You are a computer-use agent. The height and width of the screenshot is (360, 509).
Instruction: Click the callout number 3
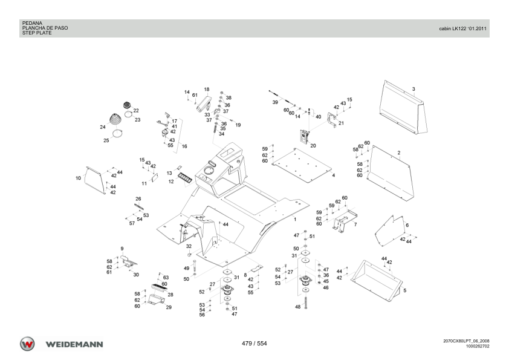pos(413,89)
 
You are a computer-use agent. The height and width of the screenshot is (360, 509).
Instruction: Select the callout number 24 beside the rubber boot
pos(103,127)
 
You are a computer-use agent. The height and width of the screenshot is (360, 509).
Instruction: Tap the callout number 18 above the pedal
pos(207,90)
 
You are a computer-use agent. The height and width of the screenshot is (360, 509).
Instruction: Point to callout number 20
pos(313,146)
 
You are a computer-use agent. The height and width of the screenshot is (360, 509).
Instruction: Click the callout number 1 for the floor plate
pos(295,219)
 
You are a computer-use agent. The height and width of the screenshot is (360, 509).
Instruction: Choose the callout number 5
pos(405,290)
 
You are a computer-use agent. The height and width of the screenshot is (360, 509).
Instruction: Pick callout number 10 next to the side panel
pos(78,178)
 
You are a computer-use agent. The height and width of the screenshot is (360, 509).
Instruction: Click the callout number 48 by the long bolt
pos(297,307)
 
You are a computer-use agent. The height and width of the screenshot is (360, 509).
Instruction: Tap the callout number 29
pos(169,307)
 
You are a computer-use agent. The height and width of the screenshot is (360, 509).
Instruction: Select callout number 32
pos(189,246)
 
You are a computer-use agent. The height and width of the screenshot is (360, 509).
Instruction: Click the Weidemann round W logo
pos(27,344)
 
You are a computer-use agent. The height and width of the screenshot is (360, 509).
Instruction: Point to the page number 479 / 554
pos(254,344)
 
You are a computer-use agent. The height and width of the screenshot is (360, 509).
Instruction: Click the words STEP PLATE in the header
pos(37,33)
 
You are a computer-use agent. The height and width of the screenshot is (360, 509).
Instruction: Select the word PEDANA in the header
pos(32,23)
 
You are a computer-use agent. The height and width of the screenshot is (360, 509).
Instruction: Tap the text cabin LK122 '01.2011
pos(463,28)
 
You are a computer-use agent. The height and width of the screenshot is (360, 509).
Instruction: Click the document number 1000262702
pos(478,346)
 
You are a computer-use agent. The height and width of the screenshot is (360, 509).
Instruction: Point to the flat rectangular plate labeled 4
pos(302,165)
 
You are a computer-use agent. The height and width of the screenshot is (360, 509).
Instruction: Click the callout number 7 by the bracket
pos(355,224)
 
